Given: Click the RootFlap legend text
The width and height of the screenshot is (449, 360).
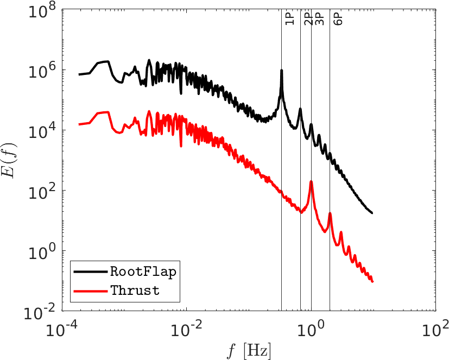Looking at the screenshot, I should [x=143, y=272].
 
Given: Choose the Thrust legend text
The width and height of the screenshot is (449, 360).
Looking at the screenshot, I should [x=135, y=290].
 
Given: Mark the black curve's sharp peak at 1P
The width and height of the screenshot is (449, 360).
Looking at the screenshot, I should [x=281, y=71].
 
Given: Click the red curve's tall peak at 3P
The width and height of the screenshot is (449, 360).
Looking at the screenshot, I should [x=311, y=182].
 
